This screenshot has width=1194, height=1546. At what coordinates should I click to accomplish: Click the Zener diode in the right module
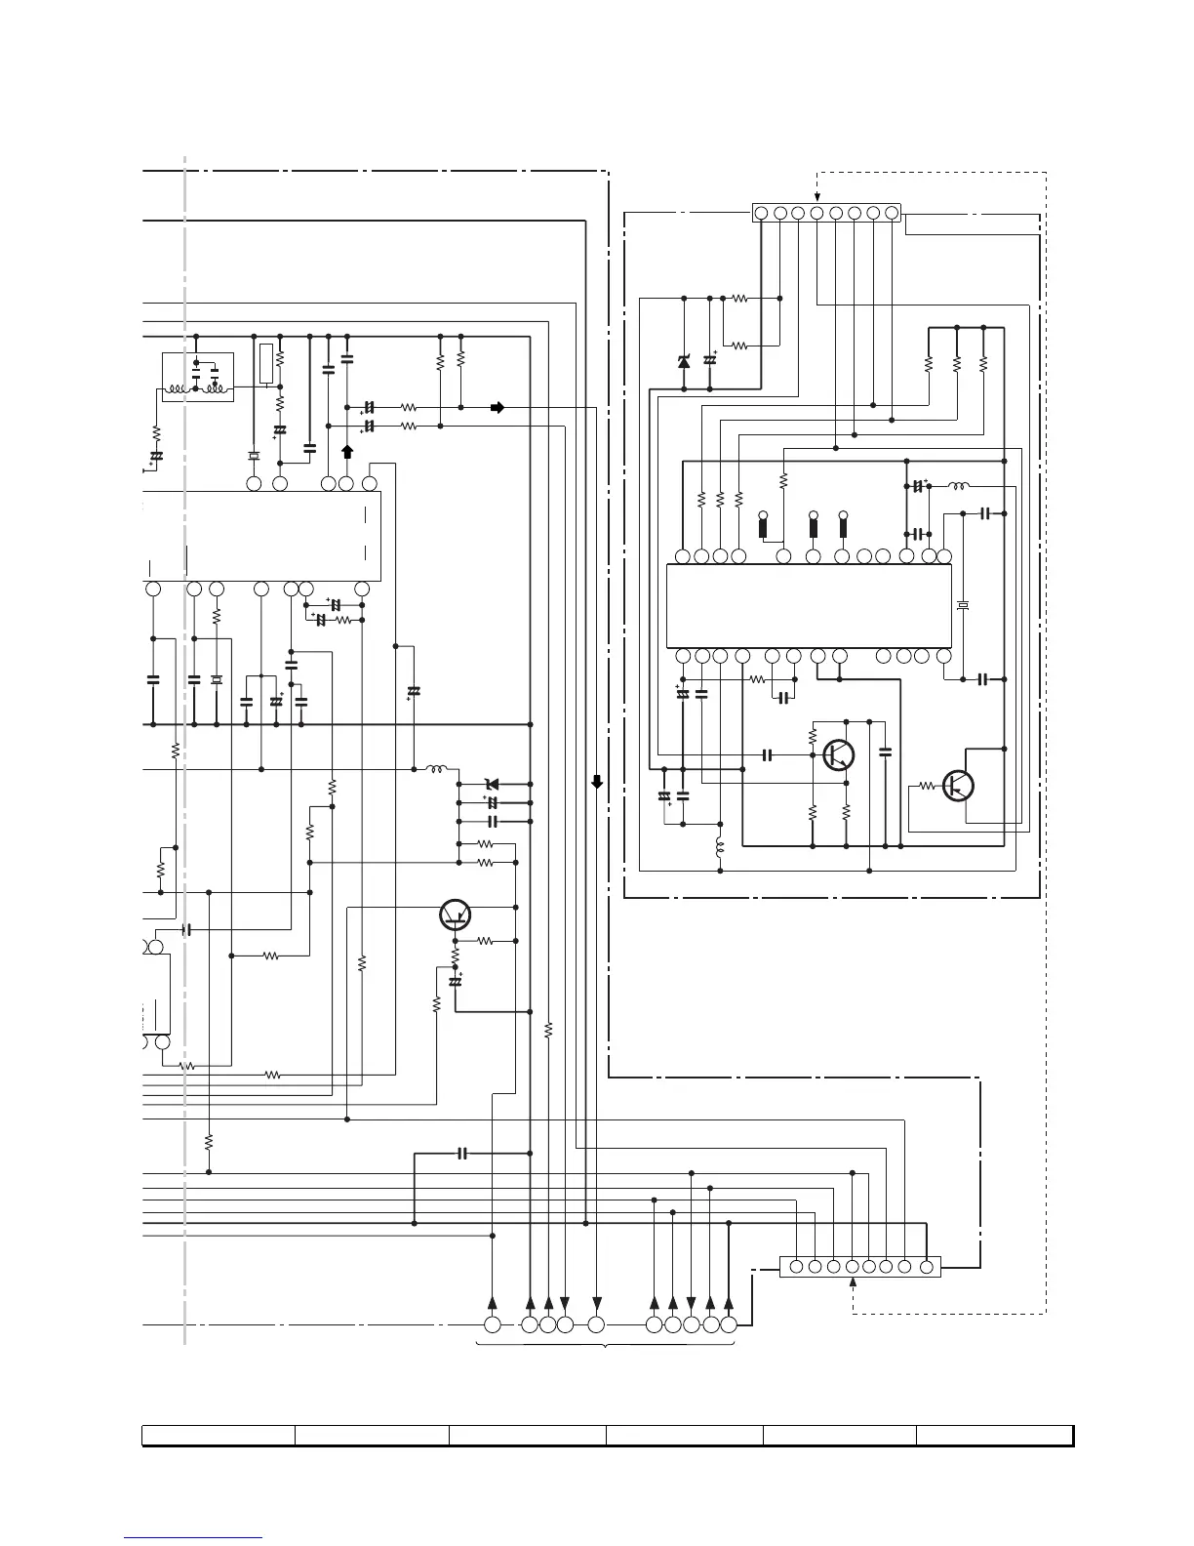pos(683,362)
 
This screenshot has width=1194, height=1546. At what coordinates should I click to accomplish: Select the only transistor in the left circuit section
pos(455,914)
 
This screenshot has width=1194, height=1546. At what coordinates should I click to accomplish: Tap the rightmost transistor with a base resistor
pos(959,785)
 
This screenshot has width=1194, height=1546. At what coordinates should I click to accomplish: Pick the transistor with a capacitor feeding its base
pos(838,754)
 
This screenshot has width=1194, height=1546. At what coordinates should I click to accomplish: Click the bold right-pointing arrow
pos(497,407)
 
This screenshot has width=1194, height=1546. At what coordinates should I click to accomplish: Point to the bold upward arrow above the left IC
pos(347,452)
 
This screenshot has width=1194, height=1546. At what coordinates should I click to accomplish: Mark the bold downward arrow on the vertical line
pos(597,782)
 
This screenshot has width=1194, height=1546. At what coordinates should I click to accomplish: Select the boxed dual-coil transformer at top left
pos(197,378)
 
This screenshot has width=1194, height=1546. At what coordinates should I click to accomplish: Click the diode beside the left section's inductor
pos(492,784)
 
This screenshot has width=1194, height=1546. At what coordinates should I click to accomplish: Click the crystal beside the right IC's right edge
pos(963,607)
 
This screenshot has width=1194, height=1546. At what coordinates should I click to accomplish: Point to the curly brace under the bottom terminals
pos(606,1347)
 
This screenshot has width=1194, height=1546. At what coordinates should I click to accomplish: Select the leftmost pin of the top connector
pos(762,212)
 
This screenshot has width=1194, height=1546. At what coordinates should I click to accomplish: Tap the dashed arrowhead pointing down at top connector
pos(817,199)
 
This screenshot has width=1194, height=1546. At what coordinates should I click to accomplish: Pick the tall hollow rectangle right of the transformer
pos(266,363)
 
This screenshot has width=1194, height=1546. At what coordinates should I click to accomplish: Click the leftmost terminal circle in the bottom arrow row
pos(493,1324)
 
